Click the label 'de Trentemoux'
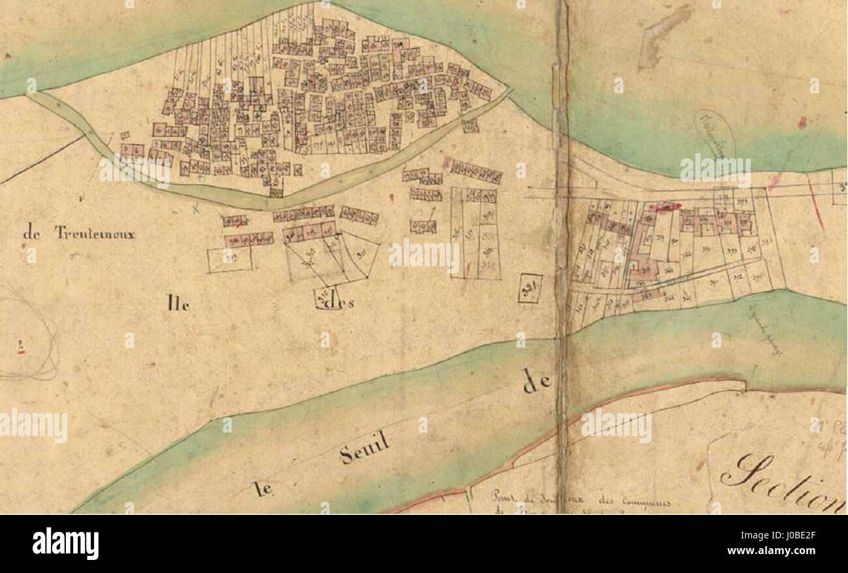point(79,233)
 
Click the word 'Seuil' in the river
point(365,449)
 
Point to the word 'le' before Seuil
point(262,489)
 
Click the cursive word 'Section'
point(783,482)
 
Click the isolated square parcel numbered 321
point(530,288)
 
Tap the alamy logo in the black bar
point(65,544)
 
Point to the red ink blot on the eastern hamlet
point(665,206)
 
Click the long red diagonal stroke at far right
point(815,204)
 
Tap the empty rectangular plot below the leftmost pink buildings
point(230,259)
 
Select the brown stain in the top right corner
point(662,36)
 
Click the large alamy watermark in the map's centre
point(424,255)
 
